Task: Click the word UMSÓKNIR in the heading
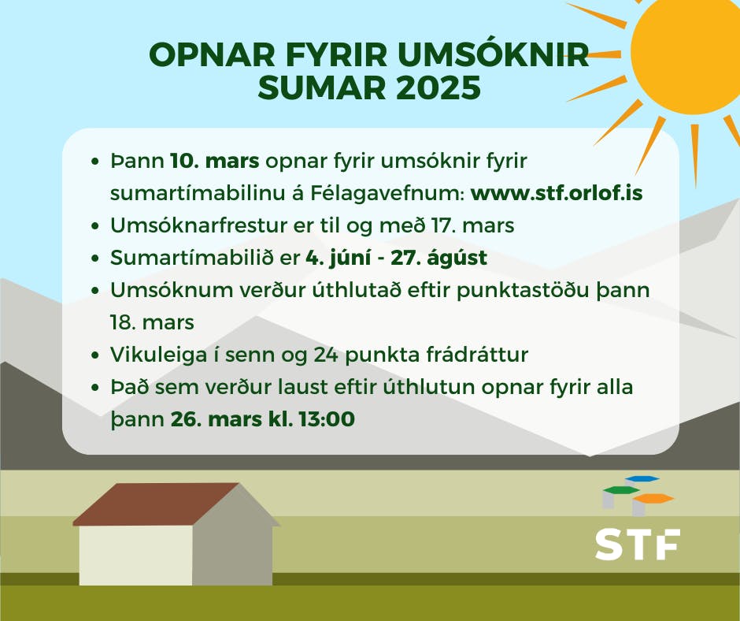[494, 54]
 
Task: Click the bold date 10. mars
[215, 161]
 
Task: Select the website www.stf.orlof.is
[557, 193]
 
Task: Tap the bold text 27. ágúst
[439, 258]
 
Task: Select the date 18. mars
[152, 322]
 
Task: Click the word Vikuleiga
[158, 355]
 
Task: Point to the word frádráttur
[477, 355]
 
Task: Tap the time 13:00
[327, 419]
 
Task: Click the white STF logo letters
[638, 545]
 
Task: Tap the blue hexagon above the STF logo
[642, 478]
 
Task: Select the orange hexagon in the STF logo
[653, 498]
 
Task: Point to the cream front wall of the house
[136, 556]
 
